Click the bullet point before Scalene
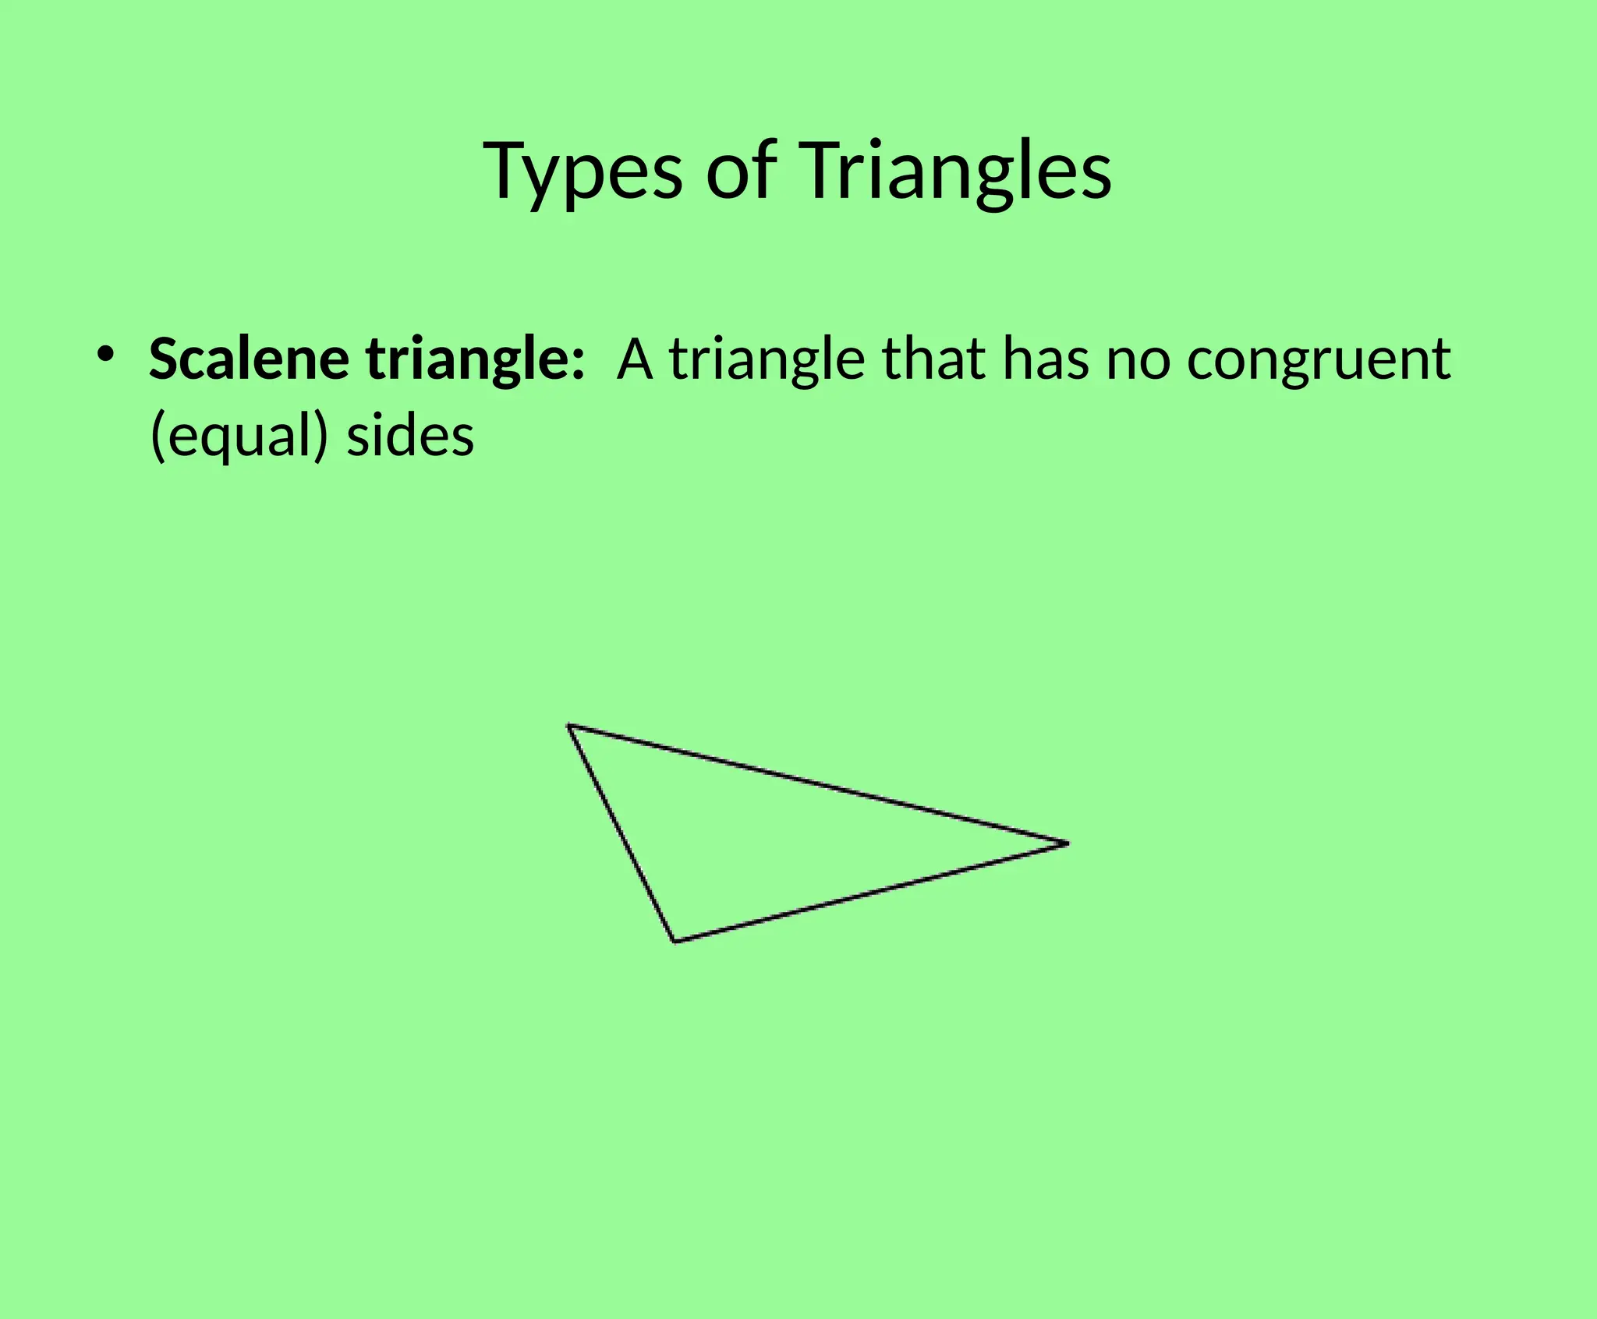coord(106,355)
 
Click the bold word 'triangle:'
coord(475,360)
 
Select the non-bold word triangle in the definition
coord(767,360)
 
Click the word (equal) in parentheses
coord(239,437)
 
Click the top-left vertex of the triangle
coord(569,726)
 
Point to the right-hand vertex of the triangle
coord(1067,843)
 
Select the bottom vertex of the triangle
coord(675,941)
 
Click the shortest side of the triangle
coord(622,833)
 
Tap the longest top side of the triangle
coord(818,784)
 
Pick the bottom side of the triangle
coord(871,892)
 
